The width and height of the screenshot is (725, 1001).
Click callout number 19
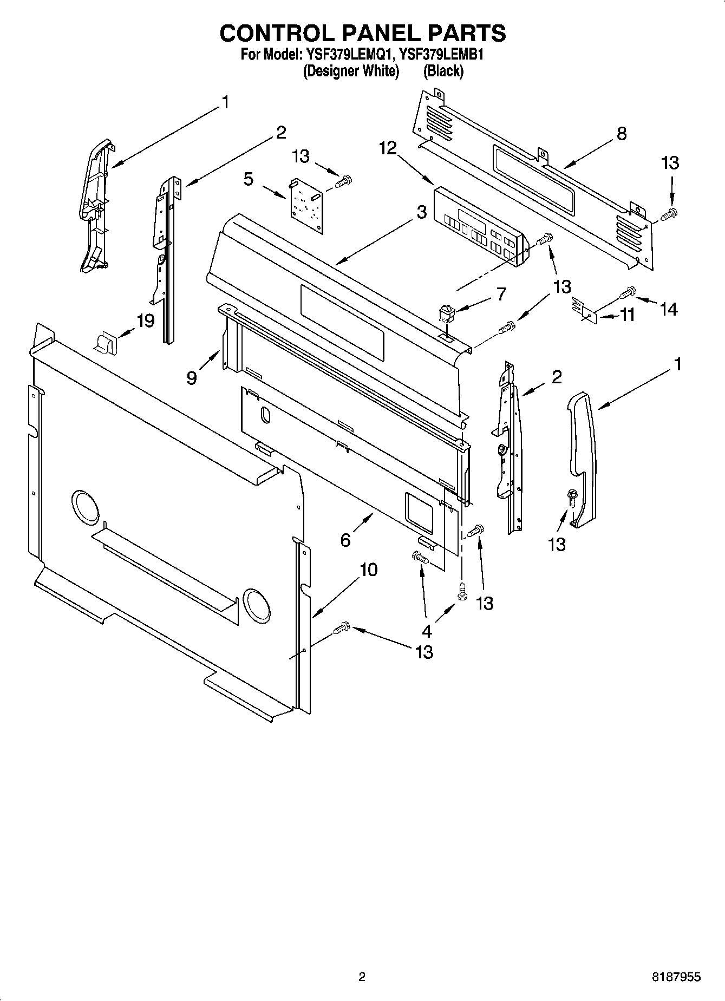pyautogui.click(x=145, y=321)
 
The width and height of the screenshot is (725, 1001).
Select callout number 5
pyautogui.click(x=248, y=179)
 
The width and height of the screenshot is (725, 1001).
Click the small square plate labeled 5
pyautogui.click(x=306, y=206)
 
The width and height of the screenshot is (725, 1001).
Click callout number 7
pyautogui.click(x=501, y=294)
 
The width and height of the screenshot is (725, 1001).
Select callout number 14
pyautogui.click(x=669, y=309)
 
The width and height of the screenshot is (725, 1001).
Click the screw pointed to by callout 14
pyautogui.click(x=628, y=292)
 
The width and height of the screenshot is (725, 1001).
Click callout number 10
pyautogui.click(x=368, y=570)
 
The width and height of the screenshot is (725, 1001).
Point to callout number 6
pyautogui.click(x=345, y=540)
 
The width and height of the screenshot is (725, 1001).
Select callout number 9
pyautogui.click(x=192, y=378)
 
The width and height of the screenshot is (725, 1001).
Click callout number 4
pyautogui.click(x=427, y=631)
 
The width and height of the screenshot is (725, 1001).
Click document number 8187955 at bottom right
pyautogui.click(x=676, y=977)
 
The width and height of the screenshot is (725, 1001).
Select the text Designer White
pyautogui.click(x=351, y=71)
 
